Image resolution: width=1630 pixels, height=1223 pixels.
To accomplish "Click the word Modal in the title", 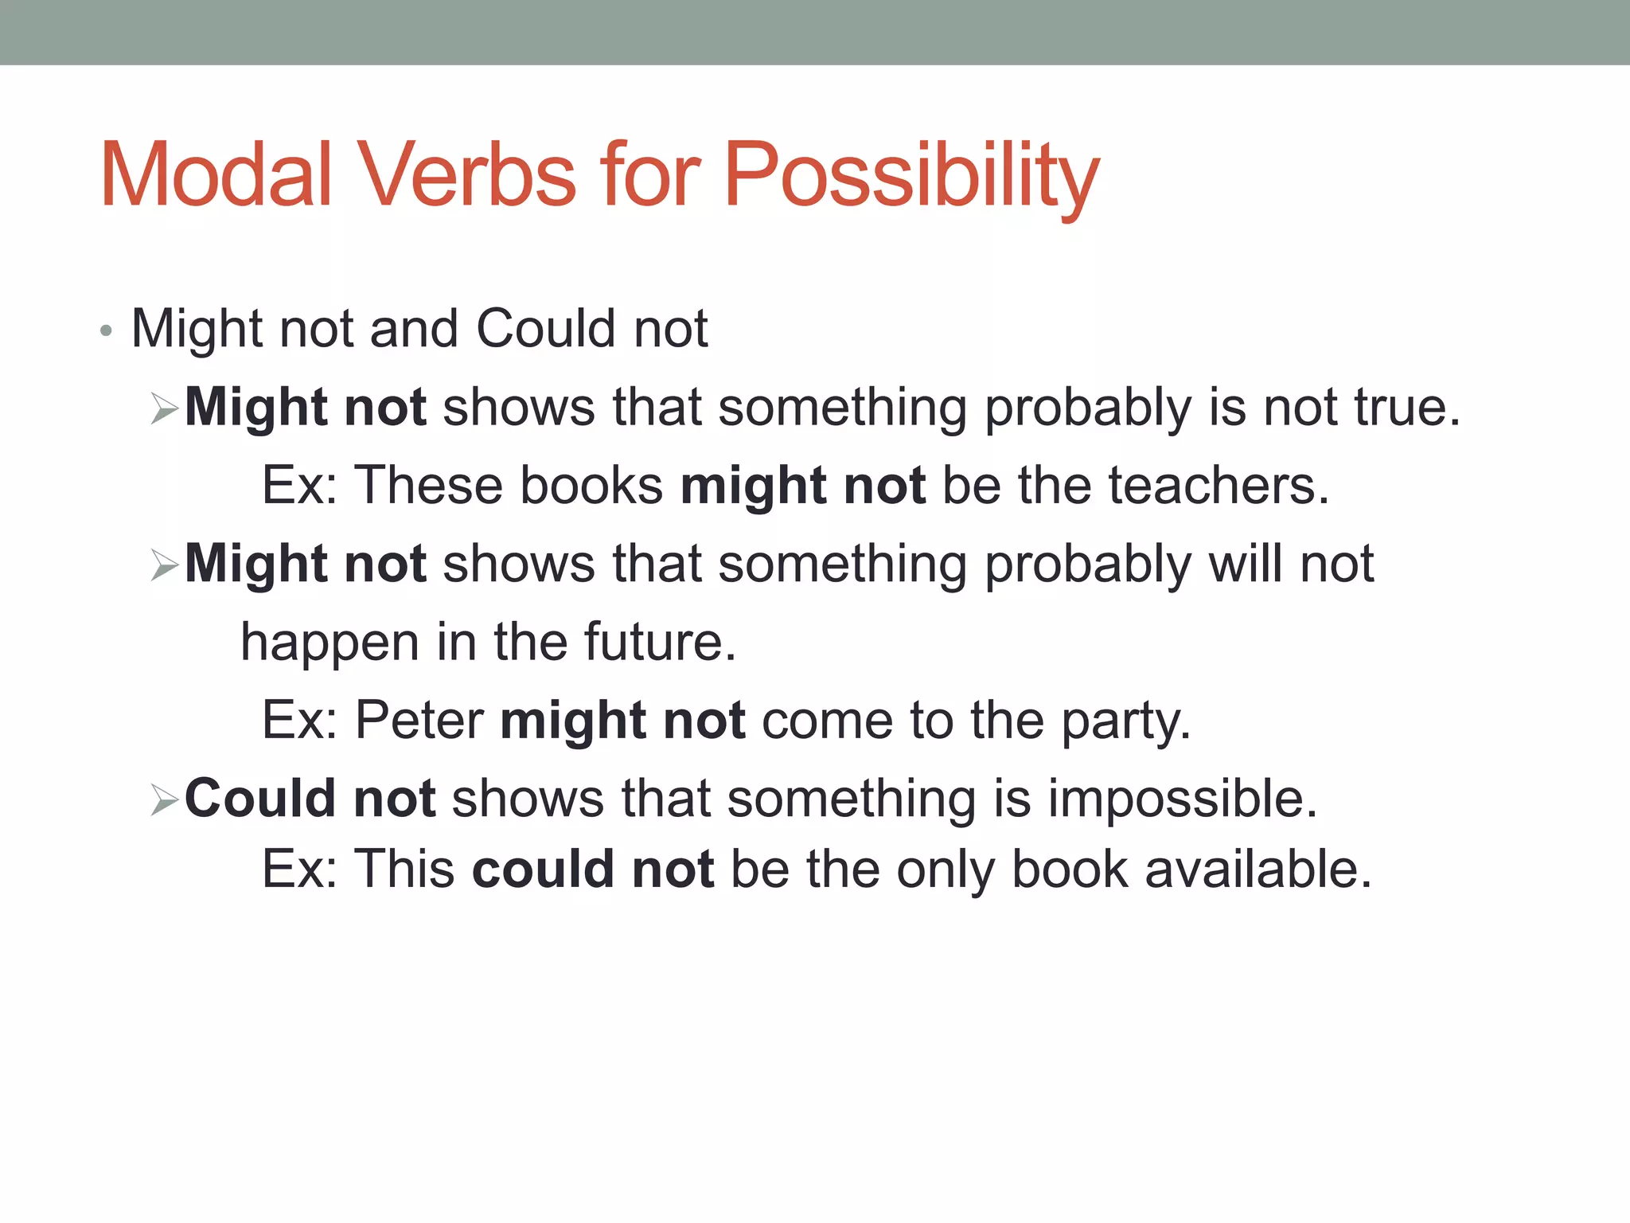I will (215, 175).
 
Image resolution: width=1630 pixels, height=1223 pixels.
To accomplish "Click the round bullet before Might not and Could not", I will (107, 330).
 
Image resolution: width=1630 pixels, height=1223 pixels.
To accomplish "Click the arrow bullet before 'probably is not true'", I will (165, 409).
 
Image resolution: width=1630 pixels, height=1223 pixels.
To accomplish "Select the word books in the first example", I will (591, 485).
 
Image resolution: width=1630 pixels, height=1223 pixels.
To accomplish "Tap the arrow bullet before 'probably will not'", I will (165, 566).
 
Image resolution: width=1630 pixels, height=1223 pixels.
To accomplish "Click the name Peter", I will (419, 720).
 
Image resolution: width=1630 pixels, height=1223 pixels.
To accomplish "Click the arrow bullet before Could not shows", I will (165, 800).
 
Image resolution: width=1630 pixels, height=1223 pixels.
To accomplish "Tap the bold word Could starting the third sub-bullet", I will (260, 798).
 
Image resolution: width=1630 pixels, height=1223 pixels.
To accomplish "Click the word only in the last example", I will (945, 870).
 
